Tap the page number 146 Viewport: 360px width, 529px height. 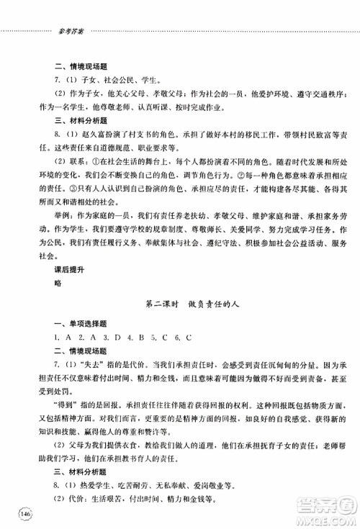[27, 514]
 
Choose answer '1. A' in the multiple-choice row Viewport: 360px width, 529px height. [62, 338]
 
